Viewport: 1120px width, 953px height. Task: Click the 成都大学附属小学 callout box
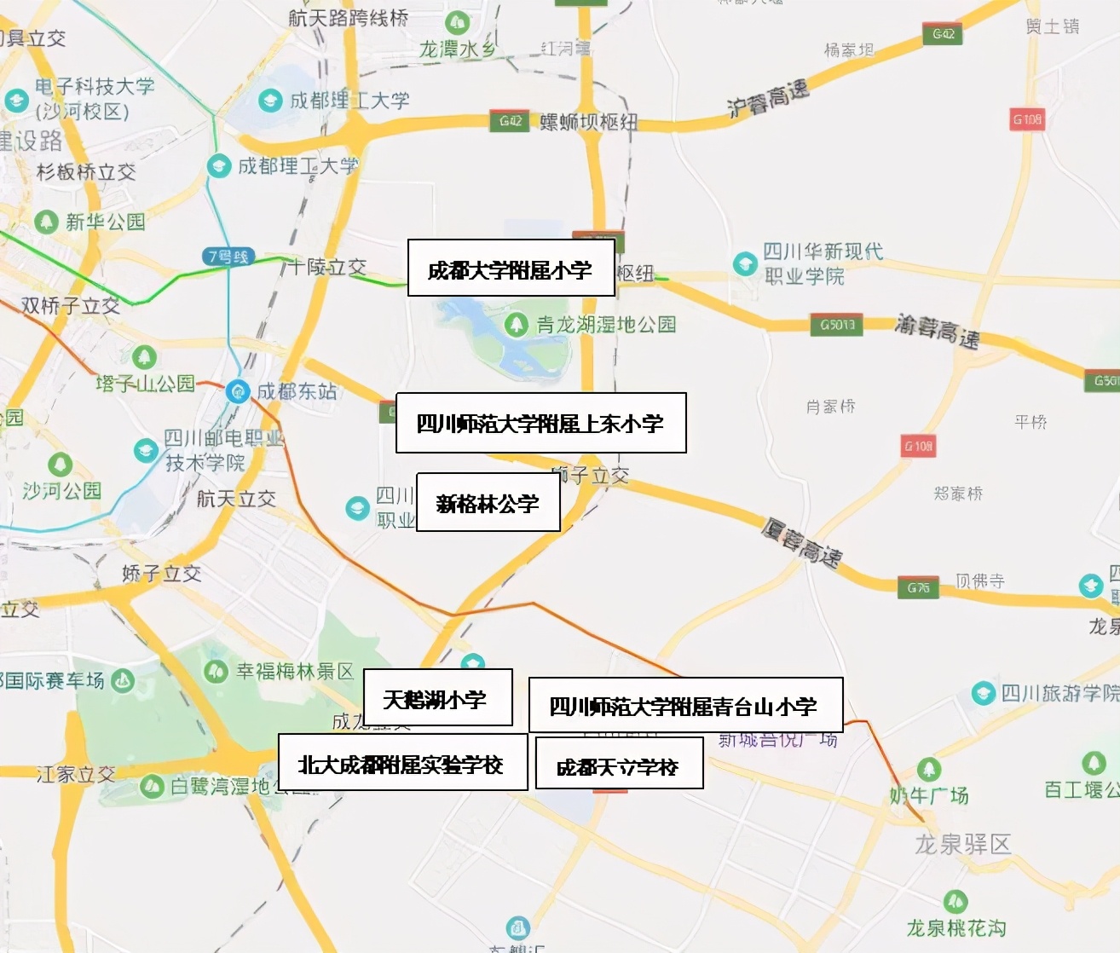pyautogui.click(x=511, y=269)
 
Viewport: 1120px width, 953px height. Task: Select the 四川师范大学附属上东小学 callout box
pyautogui.click(x=540, y=423)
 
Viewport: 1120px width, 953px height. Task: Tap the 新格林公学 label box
pyautogui.click(x=488, y=503)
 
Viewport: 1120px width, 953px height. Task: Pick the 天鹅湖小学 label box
pyautogui.click(x=437, y=698)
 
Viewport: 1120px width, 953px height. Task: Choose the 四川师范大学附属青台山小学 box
pyautogui.click(x=685, y=705)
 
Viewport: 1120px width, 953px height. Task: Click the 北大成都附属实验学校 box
pyautogui.click(x=402, y=764)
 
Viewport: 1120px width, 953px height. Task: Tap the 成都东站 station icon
pyautogui.click(x=238, y=391)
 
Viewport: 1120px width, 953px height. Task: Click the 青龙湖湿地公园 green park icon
pyautogui.click(x=516, y=324)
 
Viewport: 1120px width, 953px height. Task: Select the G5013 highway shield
pyautogui.click(x=836, y=325)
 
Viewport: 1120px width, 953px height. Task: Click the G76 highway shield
pyautogui.click(x=918, y=587)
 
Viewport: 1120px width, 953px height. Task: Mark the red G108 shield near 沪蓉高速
pyautogui.click(x=1027, y=119)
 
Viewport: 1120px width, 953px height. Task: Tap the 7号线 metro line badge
pyautogui.click(x=228, y=256)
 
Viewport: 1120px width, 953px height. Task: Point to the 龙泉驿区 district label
pyautogui.click(x=962, y=844)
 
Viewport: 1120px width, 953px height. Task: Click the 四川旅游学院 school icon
pyautogui.click(x=984, y=692)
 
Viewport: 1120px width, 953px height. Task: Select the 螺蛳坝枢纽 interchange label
pyautogui.click(x=588, y=122)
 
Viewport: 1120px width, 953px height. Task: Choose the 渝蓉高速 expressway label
pyautogui.click(x=937, y=331)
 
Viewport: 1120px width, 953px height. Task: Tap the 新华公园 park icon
pyautogui.click(x=46, y=222)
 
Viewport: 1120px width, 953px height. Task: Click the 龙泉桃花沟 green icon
pyautogui.click(x=955, y=900)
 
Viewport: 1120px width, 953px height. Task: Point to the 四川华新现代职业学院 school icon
pyautogui.click(x=745, y=263)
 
